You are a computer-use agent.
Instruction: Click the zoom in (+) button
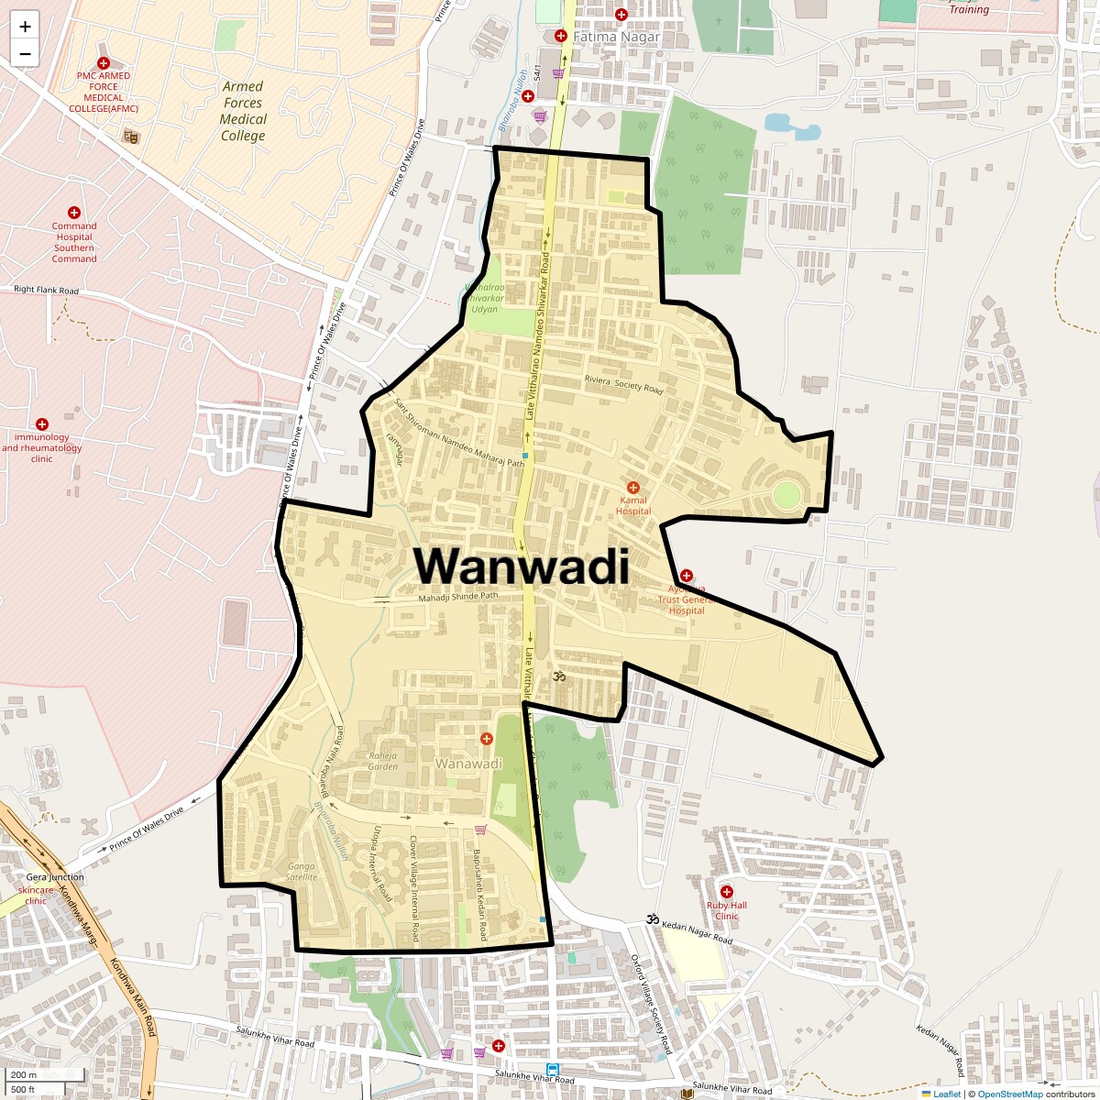pos(25,27)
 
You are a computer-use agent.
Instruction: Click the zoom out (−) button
pos(25,54)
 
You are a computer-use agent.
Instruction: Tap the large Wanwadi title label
pos(522,566)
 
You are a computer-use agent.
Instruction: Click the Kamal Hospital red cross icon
pos(632,488)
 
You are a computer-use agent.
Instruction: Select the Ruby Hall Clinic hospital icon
pos(727,892)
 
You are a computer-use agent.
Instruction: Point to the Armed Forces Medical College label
pos(243,111)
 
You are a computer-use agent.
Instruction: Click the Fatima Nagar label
pos(616,37)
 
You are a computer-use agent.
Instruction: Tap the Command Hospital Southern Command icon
pos(74,213)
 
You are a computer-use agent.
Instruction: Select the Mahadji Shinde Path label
pos(457,597)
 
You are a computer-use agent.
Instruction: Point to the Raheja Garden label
pos(383,761)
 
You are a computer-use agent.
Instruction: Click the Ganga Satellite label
pos(301,872)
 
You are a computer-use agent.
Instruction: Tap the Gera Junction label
pos(55,877)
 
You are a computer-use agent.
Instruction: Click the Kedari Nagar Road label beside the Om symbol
pos(698,932)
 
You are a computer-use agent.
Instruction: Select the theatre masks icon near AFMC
pos(131,137)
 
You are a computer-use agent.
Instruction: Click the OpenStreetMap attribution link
pos(1011,1094)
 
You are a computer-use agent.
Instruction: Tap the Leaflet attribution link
pos(947,1094)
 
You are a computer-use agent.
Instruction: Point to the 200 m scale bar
pos(25,1074)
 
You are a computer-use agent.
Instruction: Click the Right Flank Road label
pos(47,290)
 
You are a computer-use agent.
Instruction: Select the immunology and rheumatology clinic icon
pos(42,424)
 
